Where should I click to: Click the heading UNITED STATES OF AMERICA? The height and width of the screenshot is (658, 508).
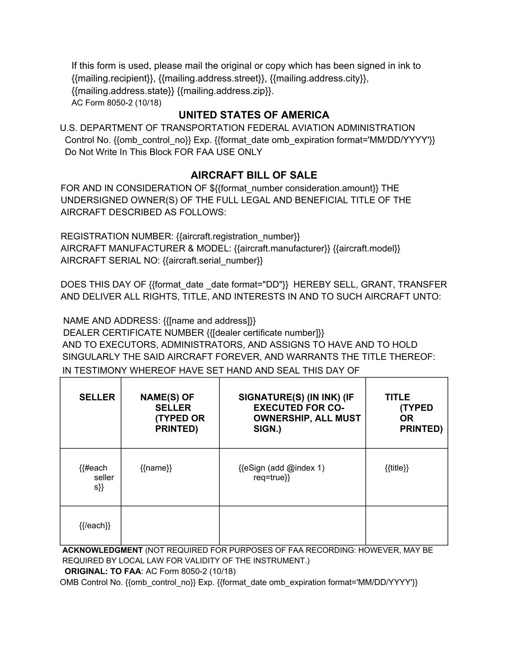click(x=254, y=115)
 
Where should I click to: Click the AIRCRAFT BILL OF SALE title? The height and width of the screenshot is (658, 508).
click(x=254, y=175)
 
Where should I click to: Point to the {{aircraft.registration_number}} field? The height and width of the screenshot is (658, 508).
click(x=238, y=236)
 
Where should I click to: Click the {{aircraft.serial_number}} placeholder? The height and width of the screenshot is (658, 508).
click(x=213, y=261)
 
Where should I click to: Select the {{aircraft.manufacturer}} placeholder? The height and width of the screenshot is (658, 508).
click(x=282, y=248)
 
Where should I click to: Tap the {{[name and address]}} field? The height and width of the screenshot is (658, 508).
click(x=209, y=321)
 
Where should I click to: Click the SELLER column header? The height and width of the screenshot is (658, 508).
click(x=97, y=397)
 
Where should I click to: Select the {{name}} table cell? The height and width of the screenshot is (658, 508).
click(x=156, y=468)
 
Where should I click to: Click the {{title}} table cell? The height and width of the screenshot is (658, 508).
click(x=396, y=468)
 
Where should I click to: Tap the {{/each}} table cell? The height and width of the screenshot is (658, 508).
click(x=94, y=525)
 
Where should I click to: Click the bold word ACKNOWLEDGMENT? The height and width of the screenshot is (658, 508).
click(x=102, y=550)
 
